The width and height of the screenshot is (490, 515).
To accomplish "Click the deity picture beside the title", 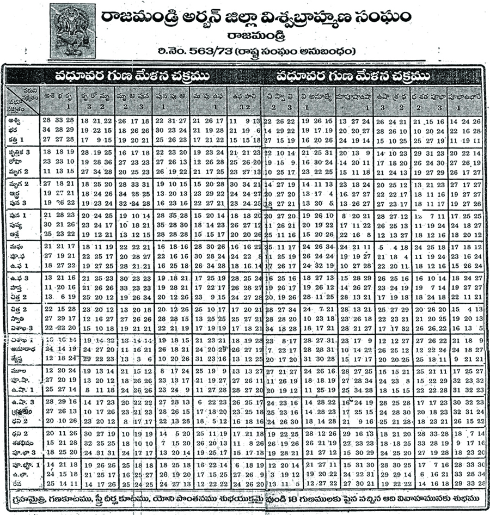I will pos(72,30).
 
